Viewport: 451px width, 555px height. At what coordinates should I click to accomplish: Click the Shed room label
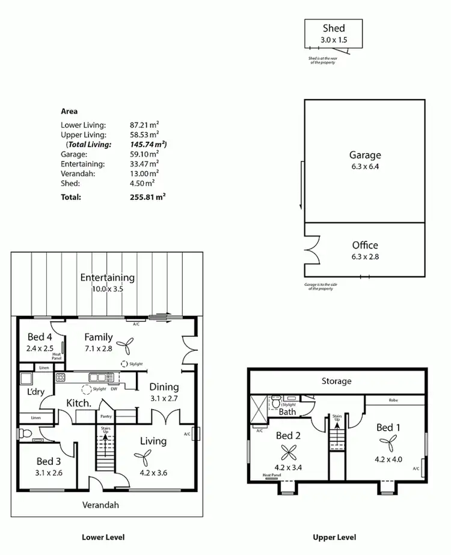click(x=334, y=28)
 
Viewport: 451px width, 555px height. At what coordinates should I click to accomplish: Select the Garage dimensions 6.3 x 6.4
click(x=365, y=166)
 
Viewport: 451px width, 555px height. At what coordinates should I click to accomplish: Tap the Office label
click(x=365, y=245)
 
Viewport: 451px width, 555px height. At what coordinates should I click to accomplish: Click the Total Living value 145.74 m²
click(x=148, y=145)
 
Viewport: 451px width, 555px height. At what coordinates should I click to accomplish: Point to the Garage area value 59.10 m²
click(x=144, y=154)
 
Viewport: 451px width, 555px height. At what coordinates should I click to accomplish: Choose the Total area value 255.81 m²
click(x=147, y=196)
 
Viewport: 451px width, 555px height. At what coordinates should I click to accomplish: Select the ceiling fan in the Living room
click(x=144, y=460)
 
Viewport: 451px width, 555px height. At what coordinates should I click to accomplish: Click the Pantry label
click(x=106, y=416)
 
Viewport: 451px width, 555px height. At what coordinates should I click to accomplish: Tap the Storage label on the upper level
click(x=336, y=381)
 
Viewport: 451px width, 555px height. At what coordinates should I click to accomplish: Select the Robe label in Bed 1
click(x=394, y=399)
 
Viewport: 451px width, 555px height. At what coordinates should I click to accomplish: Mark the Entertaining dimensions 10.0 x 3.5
click(x=108, y=288)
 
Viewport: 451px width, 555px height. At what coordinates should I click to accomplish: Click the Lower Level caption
click(x=103, y=538)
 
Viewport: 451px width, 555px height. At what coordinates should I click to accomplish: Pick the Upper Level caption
click(x=334, y=538)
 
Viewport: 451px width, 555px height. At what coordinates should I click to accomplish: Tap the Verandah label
click(x=101, y=505)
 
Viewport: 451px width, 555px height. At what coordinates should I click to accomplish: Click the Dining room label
click(x=164, y=387)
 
